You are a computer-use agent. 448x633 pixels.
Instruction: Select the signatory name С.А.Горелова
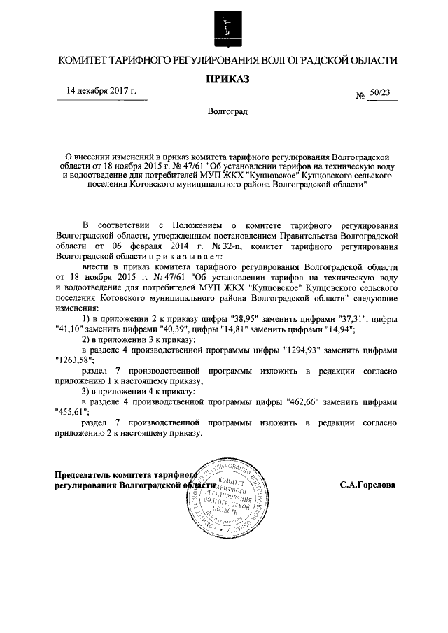point(367,484)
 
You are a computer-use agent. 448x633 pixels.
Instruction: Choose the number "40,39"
point(178,331)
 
